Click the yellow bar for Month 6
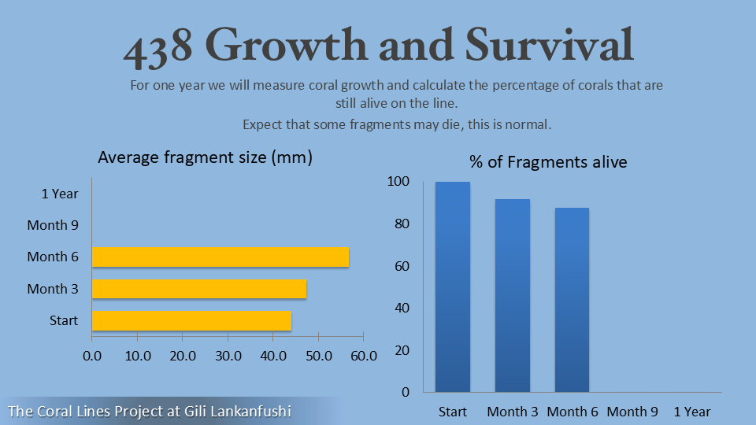point(220,257)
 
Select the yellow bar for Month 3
point(199,289)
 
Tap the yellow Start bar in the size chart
point(191,321)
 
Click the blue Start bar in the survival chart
point(453,287)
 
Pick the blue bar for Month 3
point(513,295)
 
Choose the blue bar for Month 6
point(572,300)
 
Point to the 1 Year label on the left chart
point(60,193)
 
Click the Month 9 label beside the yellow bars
point(53,225)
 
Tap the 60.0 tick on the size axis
point(363,356)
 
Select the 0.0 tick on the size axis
point(92,356)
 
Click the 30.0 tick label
point(228,356)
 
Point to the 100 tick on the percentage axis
point(399,182)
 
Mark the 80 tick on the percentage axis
point(402,224)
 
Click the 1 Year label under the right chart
point(692,412)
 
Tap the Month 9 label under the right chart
point(632,412)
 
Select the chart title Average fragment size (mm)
point(206,157)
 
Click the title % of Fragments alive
point(548,162)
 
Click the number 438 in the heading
point(158,46)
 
